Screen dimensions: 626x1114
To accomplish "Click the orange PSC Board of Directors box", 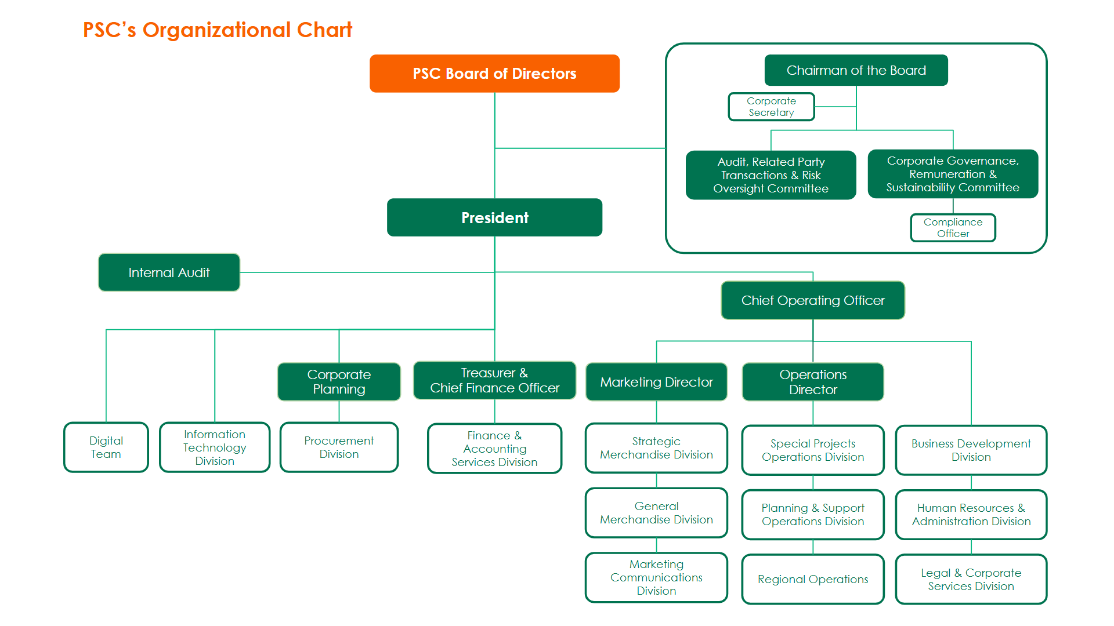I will tap(494, 74).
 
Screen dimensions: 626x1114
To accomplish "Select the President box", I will tap(494, 217).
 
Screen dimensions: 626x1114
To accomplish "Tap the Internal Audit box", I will tap(169, 272).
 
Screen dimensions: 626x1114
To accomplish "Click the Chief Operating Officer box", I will tap(812, 300).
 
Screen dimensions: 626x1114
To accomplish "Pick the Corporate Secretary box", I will tap(771, 107).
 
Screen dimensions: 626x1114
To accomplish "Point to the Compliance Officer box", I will tap(953, 228).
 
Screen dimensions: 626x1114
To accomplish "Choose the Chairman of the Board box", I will tap(856, 70).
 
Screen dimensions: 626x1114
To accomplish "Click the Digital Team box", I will tap(106, 447).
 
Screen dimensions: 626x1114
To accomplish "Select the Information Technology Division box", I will tap(215, 447).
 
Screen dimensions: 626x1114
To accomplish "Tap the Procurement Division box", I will tap(339, 447).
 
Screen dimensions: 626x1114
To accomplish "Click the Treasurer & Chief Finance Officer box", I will tap(494, 381).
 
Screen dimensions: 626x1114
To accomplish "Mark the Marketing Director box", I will tap(656, 382).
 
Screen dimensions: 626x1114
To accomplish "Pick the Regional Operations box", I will tap(812, 579).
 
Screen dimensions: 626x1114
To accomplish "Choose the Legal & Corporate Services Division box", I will tap(971, 579).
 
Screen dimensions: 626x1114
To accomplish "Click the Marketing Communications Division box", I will tap(656, 577).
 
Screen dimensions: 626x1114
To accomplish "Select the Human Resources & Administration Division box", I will tap(971, 515).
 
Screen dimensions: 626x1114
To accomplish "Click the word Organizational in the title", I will tap(216, 30).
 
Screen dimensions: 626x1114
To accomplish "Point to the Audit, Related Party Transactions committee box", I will tap(771, 175).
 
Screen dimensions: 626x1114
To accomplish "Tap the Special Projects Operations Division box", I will tap(812, 450).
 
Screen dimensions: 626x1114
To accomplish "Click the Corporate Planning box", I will tap(339, 382).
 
